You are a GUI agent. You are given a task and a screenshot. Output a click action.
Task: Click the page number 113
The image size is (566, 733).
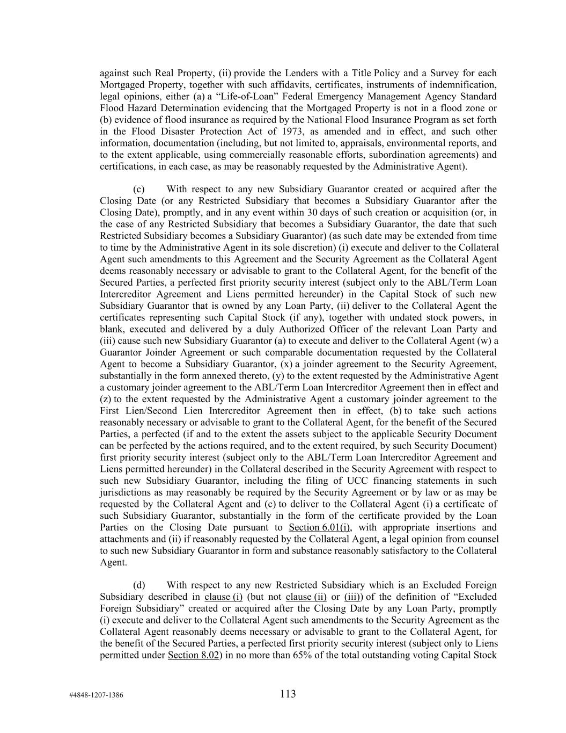(x=288, y=694)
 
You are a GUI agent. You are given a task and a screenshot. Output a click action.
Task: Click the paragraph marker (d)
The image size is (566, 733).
(x=139, y=585)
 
